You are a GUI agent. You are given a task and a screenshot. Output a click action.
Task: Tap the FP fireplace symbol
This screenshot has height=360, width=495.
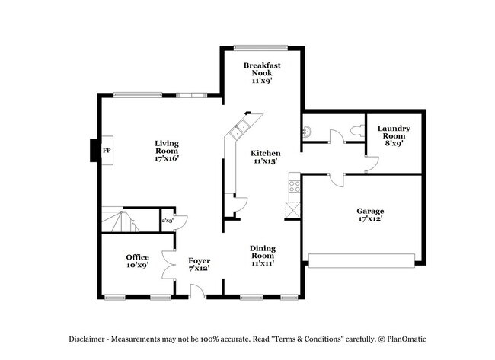[x=106, y=151]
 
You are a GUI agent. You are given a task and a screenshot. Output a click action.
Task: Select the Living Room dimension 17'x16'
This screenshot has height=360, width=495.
[x=166, y=158]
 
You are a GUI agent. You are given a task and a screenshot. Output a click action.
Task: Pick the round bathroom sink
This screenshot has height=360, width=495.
[x=308, y=130]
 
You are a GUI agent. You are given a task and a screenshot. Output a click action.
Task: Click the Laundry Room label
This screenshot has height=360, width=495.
[x=394, y=135]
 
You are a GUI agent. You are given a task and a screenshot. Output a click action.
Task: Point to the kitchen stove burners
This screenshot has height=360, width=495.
[x=294, y=186]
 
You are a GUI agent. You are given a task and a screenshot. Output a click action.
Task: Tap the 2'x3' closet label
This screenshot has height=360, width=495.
[x=168, y=221]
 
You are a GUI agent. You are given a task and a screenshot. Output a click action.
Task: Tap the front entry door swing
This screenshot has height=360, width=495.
[x=196, y=289]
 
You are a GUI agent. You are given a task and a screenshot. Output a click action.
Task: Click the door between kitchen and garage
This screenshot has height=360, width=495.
[x=335, y=180]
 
